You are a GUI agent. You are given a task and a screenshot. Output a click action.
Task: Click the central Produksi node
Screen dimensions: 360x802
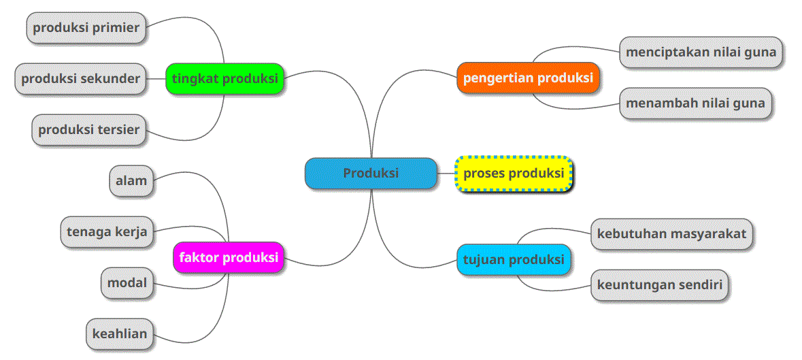tap(371, 174)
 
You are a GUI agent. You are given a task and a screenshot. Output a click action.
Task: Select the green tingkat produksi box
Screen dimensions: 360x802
tap(225, 78)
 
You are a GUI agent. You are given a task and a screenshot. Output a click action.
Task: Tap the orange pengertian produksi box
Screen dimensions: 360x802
tap(528, 78)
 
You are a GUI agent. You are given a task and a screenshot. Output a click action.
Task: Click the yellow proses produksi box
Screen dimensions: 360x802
tap(514, 174)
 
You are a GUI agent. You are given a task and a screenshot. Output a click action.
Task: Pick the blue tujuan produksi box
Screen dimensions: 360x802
tap(514, 259)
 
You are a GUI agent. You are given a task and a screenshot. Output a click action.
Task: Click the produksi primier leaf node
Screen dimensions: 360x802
tap(86, 28)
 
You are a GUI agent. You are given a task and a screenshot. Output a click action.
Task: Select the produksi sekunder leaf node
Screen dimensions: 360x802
tap(80, 78)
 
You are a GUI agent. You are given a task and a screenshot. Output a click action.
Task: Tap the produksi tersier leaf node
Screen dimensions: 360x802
tap(88, 129)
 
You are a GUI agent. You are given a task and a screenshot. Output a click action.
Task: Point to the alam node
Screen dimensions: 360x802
tap(131, 181)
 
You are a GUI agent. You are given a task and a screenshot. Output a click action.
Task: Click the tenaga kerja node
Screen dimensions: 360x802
tap(107, 231)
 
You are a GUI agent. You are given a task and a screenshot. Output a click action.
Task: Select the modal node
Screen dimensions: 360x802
tap(127, 282)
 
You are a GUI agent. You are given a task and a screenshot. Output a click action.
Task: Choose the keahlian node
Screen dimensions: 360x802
tap(120, 333)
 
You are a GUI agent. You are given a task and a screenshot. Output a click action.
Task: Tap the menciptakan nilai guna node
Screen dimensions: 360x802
tap(701, 52)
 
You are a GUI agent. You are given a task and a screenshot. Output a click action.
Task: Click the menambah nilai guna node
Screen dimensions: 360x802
tap(695, 103)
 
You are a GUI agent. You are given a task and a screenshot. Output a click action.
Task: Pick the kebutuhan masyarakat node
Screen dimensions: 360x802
tap(671, 233)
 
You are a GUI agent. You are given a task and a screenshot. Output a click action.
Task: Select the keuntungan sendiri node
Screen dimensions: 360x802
tap(659, 284)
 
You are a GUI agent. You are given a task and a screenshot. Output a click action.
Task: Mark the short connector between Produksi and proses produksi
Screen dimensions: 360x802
tap(446, 174)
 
